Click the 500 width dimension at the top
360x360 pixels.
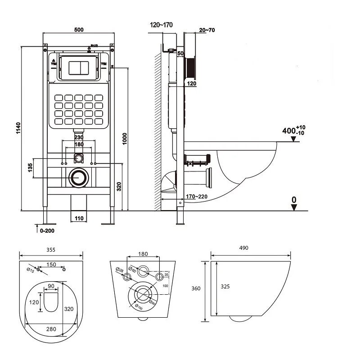tap(79, 30)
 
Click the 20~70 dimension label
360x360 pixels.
tap(206, 30)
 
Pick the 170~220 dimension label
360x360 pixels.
tap(196, 197)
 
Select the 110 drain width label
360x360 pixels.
tap(79, 218)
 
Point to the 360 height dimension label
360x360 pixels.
tap(195, 288)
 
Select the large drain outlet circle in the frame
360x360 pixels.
tap(79, 177)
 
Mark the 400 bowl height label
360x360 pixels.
tap(288, 131)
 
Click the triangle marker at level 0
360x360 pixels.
tap(294, 207)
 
